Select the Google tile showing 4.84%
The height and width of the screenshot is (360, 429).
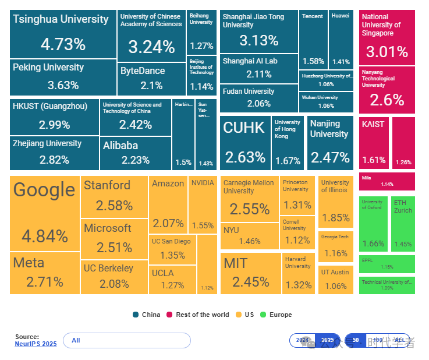coord(45,213)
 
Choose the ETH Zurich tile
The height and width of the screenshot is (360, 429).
coord(403,223)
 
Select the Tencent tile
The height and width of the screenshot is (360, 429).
coord(313,38)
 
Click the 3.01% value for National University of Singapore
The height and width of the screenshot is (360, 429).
coord(387,52)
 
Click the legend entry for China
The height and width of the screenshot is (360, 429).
coord(147,315)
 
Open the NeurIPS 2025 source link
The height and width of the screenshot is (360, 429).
coord(36,344)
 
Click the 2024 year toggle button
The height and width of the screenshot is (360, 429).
coord(302,340)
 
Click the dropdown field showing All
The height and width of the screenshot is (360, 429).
coord(126,340)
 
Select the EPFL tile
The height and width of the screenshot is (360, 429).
coord(387,264)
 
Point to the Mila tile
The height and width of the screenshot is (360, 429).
coord(387,181)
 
